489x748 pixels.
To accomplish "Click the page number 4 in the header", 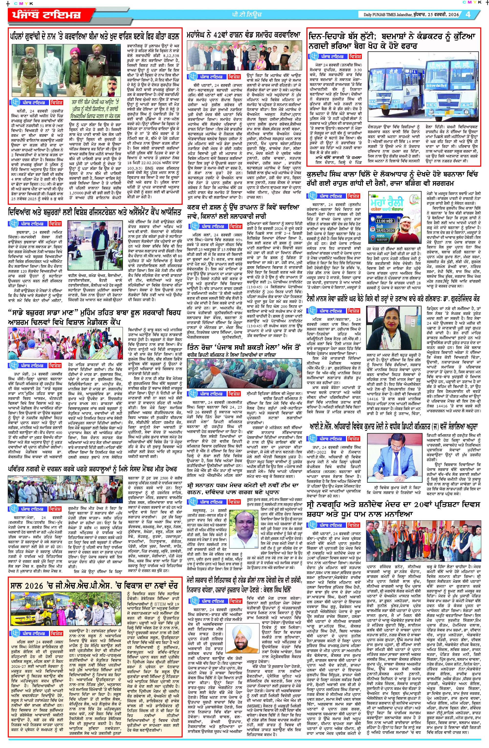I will pyautogui.click(x=468, y=15).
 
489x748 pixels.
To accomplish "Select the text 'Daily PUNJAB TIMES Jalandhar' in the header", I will pyautogui.click(x=387, y=15).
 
